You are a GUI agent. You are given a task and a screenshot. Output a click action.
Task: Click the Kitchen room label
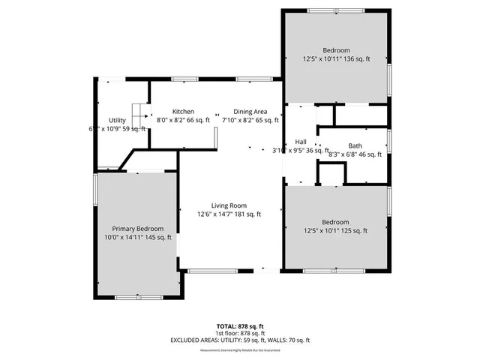coord(183,110)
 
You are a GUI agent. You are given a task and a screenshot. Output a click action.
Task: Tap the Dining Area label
coord(250,110)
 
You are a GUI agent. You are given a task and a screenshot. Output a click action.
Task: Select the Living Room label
coord(229,205)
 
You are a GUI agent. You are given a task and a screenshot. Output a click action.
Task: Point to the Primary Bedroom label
coord(138,229)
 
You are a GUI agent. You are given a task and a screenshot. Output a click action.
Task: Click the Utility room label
coord(117,120)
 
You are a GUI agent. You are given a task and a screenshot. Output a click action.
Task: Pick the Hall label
coord(301,141)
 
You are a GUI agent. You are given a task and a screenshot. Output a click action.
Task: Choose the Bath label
coord(355,145)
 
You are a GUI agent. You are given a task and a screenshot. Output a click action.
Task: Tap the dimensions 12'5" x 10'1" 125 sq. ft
coord(335,232)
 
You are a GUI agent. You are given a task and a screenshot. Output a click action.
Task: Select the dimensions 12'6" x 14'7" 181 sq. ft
coord(229,214)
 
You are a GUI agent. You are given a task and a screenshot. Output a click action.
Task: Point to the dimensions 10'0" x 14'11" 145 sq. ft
coord(138,238)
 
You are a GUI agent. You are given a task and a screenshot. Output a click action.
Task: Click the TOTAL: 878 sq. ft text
coord(240,326)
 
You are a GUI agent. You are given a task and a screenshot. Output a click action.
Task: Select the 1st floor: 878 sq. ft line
coord(240,333)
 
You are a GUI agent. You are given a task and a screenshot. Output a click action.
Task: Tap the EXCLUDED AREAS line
coord(240,340)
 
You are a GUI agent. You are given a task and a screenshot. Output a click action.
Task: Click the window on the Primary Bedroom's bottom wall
coord(139,297)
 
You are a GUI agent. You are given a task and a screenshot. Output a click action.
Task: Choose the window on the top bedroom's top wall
coord(335,10)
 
